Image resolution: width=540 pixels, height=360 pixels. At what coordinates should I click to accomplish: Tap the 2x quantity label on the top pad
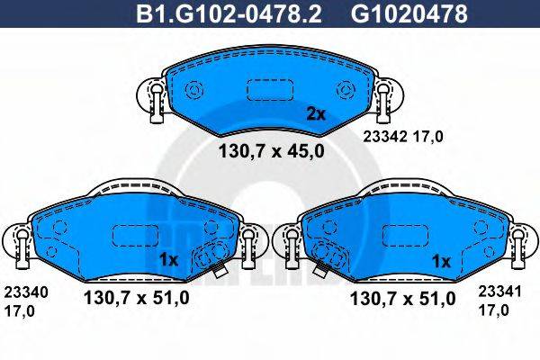(315, 114)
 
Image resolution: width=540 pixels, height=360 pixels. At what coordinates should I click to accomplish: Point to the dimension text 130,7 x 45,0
(271, 150)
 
